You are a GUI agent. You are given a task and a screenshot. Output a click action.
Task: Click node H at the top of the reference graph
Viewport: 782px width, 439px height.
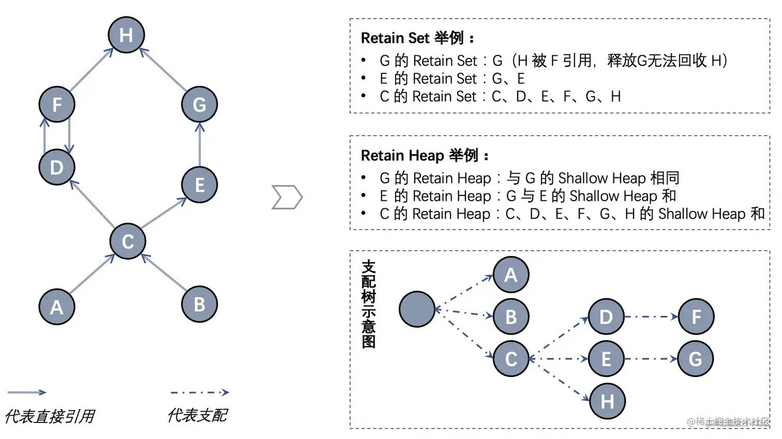[x=126, y=35]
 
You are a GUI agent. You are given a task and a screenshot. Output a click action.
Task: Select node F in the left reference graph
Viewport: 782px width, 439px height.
[x=57, y=104]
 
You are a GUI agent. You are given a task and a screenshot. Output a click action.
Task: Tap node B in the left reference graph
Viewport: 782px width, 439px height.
[x=199, y=305]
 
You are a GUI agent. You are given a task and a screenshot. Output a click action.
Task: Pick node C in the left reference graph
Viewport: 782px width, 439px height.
[x=128, y=241]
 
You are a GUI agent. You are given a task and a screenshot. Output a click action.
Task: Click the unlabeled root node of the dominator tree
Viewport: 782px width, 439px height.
[x=417, y=309]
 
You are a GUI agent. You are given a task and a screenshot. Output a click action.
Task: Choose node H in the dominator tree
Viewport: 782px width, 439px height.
[x=607, y=401]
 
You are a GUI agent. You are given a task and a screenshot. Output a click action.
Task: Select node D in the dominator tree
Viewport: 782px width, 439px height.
[x=606, y=316]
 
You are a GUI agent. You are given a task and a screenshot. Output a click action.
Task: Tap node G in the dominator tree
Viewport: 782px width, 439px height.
[x=696, y=358]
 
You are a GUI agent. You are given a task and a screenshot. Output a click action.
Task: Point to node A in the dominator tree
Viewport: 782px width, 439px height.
[x=511, y=275]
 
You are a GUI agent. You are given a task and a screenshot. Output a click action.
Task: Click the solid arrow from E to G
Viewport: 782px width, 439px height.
[x=200, y=145]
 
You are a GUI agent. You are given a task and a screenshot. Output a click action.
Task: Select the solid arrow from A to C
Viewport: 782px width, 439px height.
[x=92, y=274]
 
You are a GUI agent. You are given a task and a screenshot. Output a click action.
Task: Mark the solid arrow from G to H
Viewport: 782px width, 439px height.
[x=163, y=69]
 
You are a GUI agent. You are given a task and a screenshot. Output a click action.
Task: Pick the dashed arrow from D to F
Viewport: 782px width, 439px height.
[x=651, y=316]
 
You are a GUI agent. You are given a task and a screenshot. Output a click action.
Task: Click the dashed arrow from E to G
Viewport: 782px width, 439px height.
[x=651, y=358]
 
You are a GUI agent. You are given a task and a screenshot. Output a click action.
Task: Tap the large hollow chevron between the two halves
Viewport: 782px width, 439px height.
[x=287, y=197]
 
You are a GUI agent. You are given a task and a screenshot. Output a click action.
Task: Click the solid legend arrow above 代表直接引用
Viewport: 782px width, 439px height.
[x=27, y=392]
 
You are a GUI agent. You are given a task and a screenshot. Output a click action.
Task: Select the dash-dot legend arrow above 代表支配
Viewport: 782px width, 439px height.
[x=200, y=392]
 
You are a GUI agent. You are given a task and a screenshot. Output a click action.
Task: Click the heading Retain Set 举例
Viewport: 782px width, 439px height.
[x=417, y=38]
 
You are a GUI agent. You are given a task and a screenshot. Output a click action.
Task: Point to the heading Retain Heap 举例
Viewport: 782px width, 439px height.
[x=424, y=156]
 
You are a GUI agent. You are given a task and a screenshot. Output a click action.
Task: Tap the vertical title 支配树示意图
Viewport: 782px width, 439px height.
[x=369, y=304]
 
